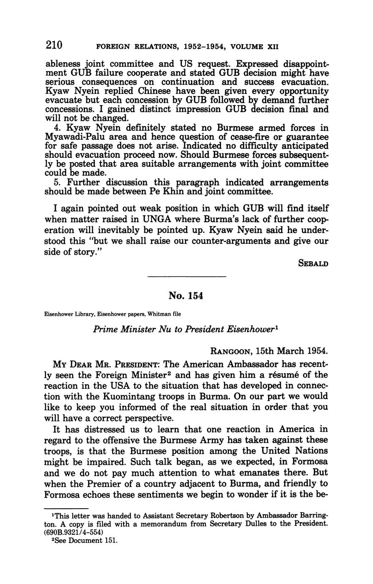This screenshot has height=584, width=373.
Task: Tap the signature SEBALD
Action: tap(313, 263)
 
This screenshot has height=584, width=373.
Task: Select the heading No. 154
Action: tap(186, 296)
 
